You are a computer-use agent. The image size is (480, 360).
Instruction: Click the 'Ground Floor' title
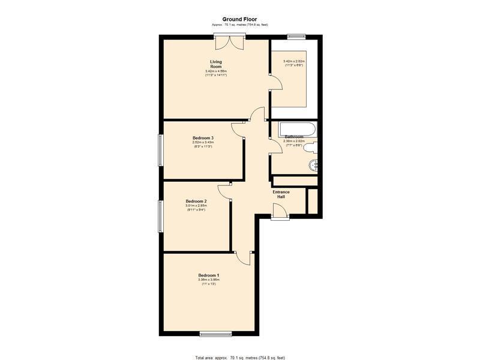point(239,19)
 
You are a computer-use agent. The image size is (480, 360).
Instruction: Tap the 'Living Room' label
point(217,64)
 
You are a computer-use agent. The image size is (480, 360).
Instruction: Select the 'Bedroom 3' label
point(203,138)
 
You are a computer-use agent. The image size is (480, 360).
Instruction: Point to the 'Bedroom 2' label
point(196,201)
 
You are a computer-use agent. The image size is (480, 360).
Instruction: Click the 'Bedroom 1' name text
point(208,275)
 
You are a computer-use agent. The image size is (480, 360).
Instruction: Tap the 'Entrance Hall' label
point(281,194)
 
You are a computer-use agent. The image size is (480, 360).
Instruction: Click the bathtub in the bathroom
point(293,130)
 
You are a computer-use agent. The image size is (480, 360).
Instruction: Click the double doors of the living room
point(229,43)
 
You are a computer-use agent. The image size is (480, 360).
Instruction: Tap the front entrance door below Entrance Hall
point(279,211)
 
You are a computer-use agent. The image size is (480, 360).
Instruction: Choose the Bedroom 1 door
point(243,257)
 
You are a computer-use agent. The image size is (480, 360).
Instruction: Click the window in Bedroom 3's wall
point(160,150)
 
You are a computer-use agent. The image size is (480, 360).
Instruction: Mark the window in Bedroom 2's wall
point(160,215)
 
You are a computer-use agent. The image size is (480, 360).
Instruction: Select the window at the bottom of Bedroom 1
point(212,334)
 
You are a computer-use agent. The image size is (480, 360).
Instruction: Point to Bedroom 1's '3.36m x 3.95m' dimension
point(208,280)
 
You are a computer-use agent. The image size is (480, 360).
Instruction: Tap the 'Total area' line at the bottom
point(239,356)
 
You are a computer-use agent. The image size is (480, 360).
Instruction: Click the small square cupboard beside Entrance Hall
point(313,201)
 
